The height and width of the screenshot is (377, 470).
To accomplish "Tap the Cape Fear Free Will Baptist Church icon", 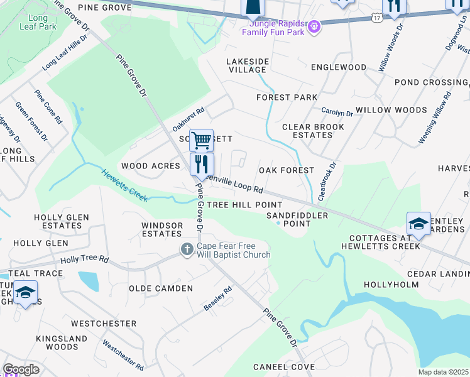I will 187,249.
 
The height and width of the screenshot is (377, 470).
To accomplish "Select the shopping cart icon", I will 201,140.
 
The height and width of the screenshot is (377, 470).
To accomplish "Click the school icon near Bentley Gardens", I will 418,224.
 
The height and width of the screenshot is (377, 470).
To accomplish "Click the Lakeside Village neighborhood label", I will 248,65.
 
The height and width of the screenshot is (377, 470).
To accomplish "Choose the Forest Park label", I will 287,97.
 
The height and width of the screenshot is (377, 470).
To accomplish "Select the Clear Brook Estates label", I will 313,131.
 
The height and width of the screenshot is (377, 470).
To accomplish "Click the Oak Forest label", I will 287,170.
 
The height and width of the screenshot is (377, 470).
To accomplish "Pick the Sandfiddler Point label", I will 289,219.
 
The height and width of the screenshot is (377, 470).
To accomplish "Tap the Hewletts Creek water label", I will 124,187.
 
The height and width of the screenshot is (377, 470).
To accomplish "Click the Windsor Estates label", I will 161,229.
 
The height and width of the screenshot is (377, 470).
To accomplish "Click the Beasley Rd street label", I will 218,298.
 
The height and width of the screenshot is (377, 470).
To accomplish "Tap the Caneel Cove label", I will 284,366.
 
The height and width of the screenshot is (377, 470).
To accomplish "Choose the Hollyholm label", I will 391,285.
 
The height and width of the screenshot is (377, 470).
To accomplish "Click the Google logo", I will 21,370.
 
